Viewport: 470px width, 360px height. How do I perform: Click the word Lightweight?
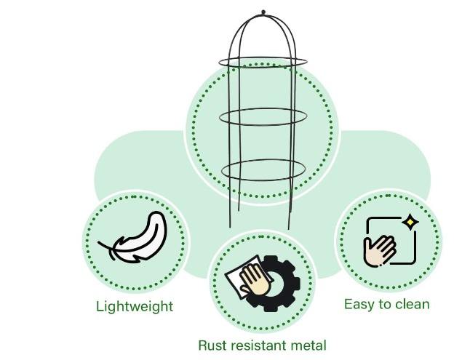tap(135, 306)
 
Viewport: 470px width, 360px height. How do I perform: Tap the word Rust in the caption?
tap(212, 345)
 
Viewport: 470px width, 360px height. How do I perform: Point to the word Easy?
tap(359, 303)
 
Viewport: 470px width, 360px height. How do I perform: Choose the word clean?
tap(412, 303)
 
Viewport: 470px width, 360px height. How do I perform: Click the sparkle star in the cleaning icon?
tap(410, 221)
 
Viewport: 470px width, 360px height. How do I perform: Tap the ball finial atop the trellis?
tap(263, 12)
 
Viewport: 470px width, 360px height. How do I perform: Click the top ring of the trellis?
tap(263, 63)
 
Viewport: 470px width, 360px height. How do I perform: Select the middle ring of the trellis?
tap(263, 117)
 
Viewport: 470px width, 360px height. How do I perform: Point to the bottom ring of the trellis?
tap(263, 169)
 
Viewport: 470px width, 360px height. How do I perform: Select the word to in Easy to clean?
tap(383, 303)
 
